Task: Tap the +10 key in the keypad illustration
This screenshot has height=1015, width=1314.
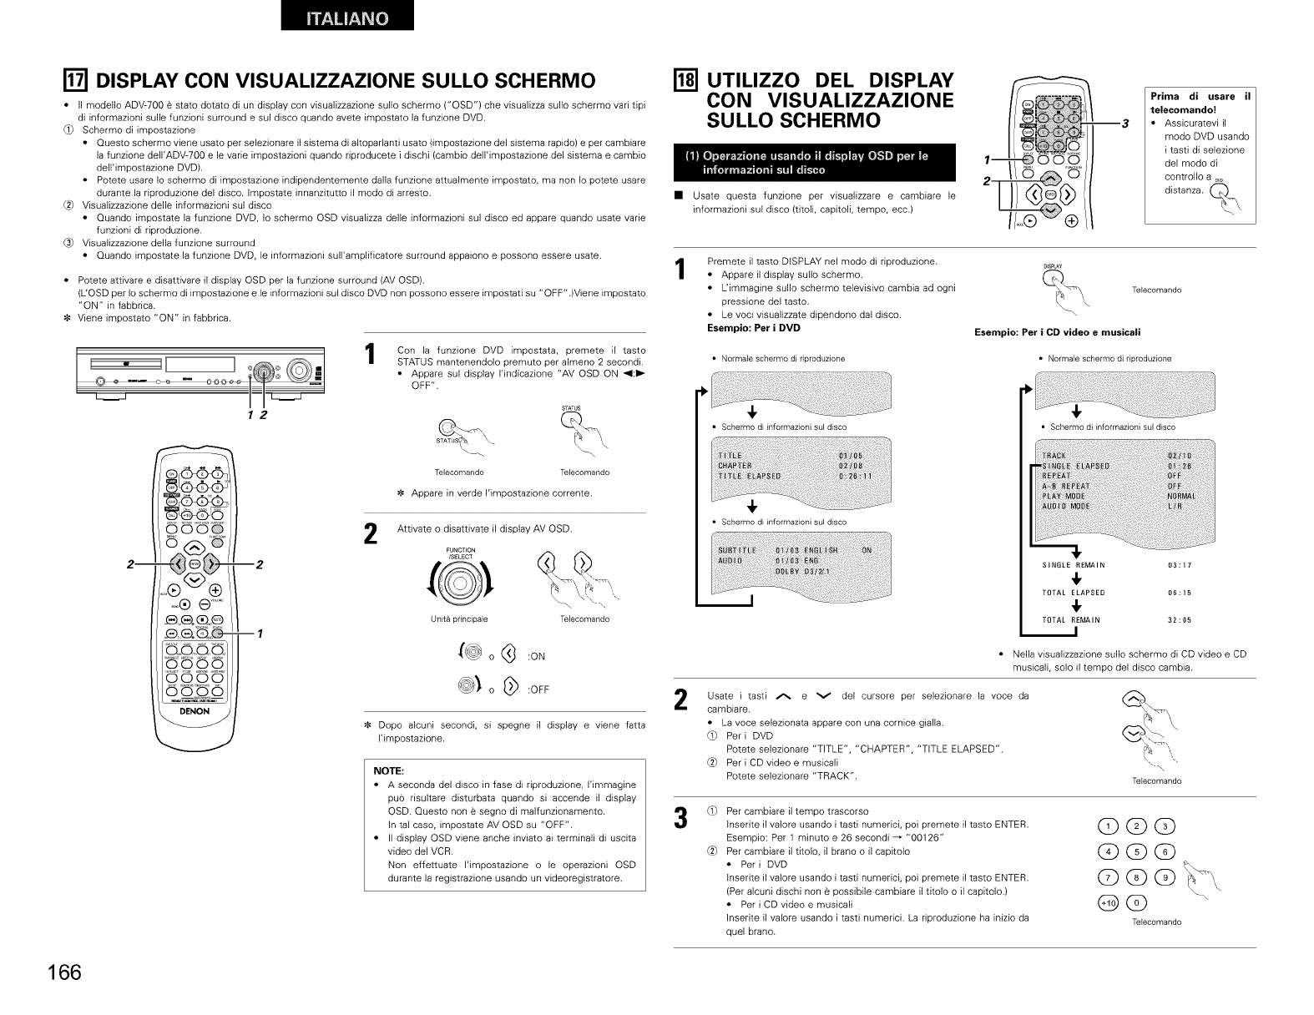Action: pos(1108,903)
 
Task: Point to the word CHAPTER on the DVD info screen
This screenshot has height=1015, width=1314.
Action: pos(735,466)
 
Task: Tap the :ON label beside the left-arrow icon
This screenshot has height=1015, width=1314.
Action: pos(536,656)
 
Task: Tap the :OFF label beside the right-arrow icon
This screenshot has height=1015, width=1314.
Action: pos(538,689)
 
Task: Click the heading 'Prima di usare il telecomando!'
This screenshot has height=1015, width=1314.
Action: pos(1200,103)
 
